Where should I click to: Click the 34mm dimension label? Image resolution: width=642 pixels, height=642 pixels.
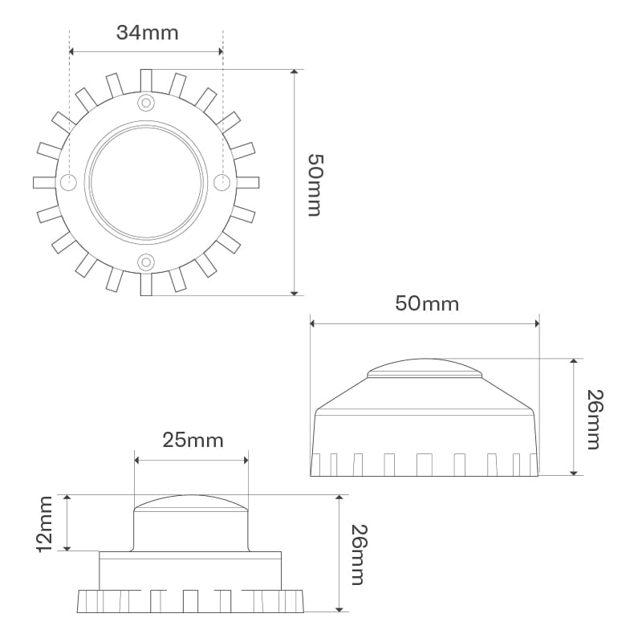[x=148, y=33]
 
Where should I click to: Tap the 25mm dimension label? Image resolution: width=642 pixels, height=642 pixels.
[x=193, y=441]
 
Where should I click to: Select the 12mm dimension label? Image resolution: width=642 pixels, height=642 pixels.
[x=45, y=525]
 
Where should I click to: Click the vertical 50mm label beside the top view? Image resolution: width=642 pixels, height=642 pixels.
[x=315, y=185]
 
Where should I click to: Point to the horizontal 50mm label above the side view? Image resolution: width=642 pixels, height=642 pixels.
[x=427, y=304]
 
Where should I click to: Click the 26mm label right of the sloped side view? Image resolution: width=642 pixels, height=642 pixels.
[x=595, y=420]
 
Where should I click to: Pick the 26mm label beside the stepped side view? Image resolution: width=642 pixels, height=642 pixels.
[x=360, y=555]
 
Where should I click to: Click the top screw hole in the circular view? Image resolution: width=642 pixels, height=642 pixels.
[x=146, y=103]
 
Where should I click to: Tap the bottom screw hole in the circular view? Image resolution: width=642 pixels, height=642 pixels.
[x=146, y=262]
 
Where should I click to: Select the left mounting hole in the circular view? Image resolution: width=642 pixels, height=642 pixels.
[x=68, y=182]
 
